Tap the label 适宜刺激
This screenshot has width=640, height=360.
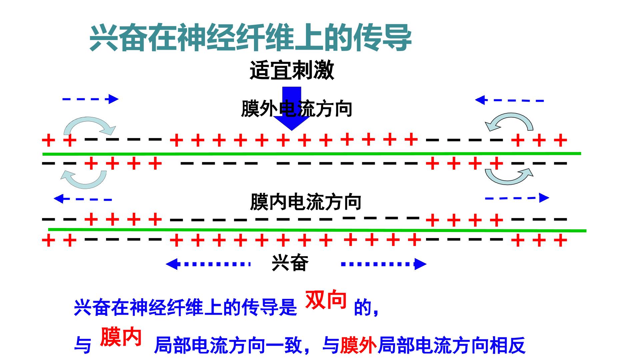tap(292, 70)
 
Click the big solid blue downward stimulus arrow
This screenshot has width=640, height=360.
tap(292, 109)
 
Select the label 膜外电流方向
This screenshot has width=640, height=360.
tap(296, 109)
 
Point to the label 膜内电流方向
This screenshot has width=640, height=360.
tap(306, 202)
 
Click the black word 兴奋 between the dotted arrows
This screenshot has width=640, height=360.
tap(290, 263)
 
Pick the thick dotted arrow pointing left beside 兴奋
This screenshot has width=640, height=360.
tap(208, 264)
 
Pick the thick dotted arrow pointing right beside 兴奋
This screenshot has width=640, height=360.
tap(384, 264)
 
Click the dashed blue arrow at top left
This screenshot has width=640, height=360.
tap(90, 99)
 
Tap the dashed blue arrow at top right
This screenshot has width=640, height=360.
tap(509, 100)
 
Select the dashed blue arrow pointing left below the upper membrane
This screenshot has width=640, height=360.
tap(83, 199)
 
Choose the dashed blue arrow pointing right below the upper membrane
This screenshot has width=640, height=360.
tap(517, 198)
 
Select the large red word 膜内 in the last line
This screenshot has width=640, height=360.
tap(121, 337)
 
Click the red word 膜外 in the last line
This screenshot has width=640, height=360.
tap(358, 345)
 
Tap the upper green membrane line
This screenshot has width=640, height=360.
tap(312, 154)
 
